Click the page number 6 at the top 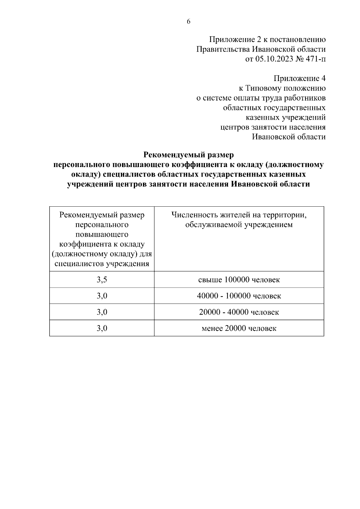pyautogui.click(x=189, y=22)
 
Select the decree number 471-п pyautogui.click(x=315, y=59)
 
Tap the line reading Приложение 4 pyautogui.click(x=299, y=79)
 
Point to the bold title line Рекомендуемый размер pyautogui.click(x=188, y=155)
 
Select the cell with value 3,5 pyautogui.click(x=102, y=280)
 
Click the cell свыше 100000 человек pyautogui.click(x=239, y=280)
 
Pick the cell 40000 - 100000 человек pyautogui.click(x=239, y=296)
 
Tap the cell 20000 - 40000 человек pyautogui.click(x=239, y=312)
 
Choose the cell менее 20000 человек pyautogui.click(x=239, y=328)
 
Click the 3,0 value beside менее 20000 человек pyautogui.click(x=102, y=328)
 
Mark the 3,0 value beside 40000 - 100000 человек pyautogui.click(x=102, y=296)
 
